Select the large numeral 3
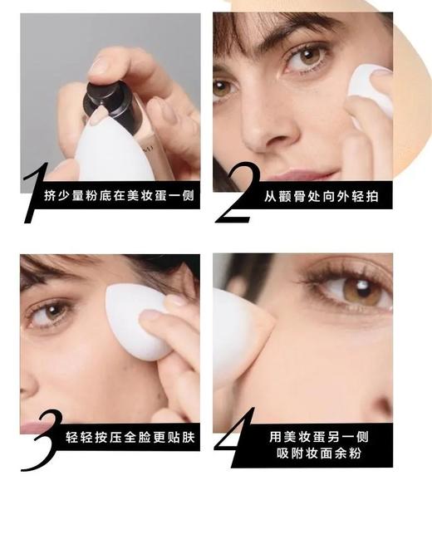[39, 440]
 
